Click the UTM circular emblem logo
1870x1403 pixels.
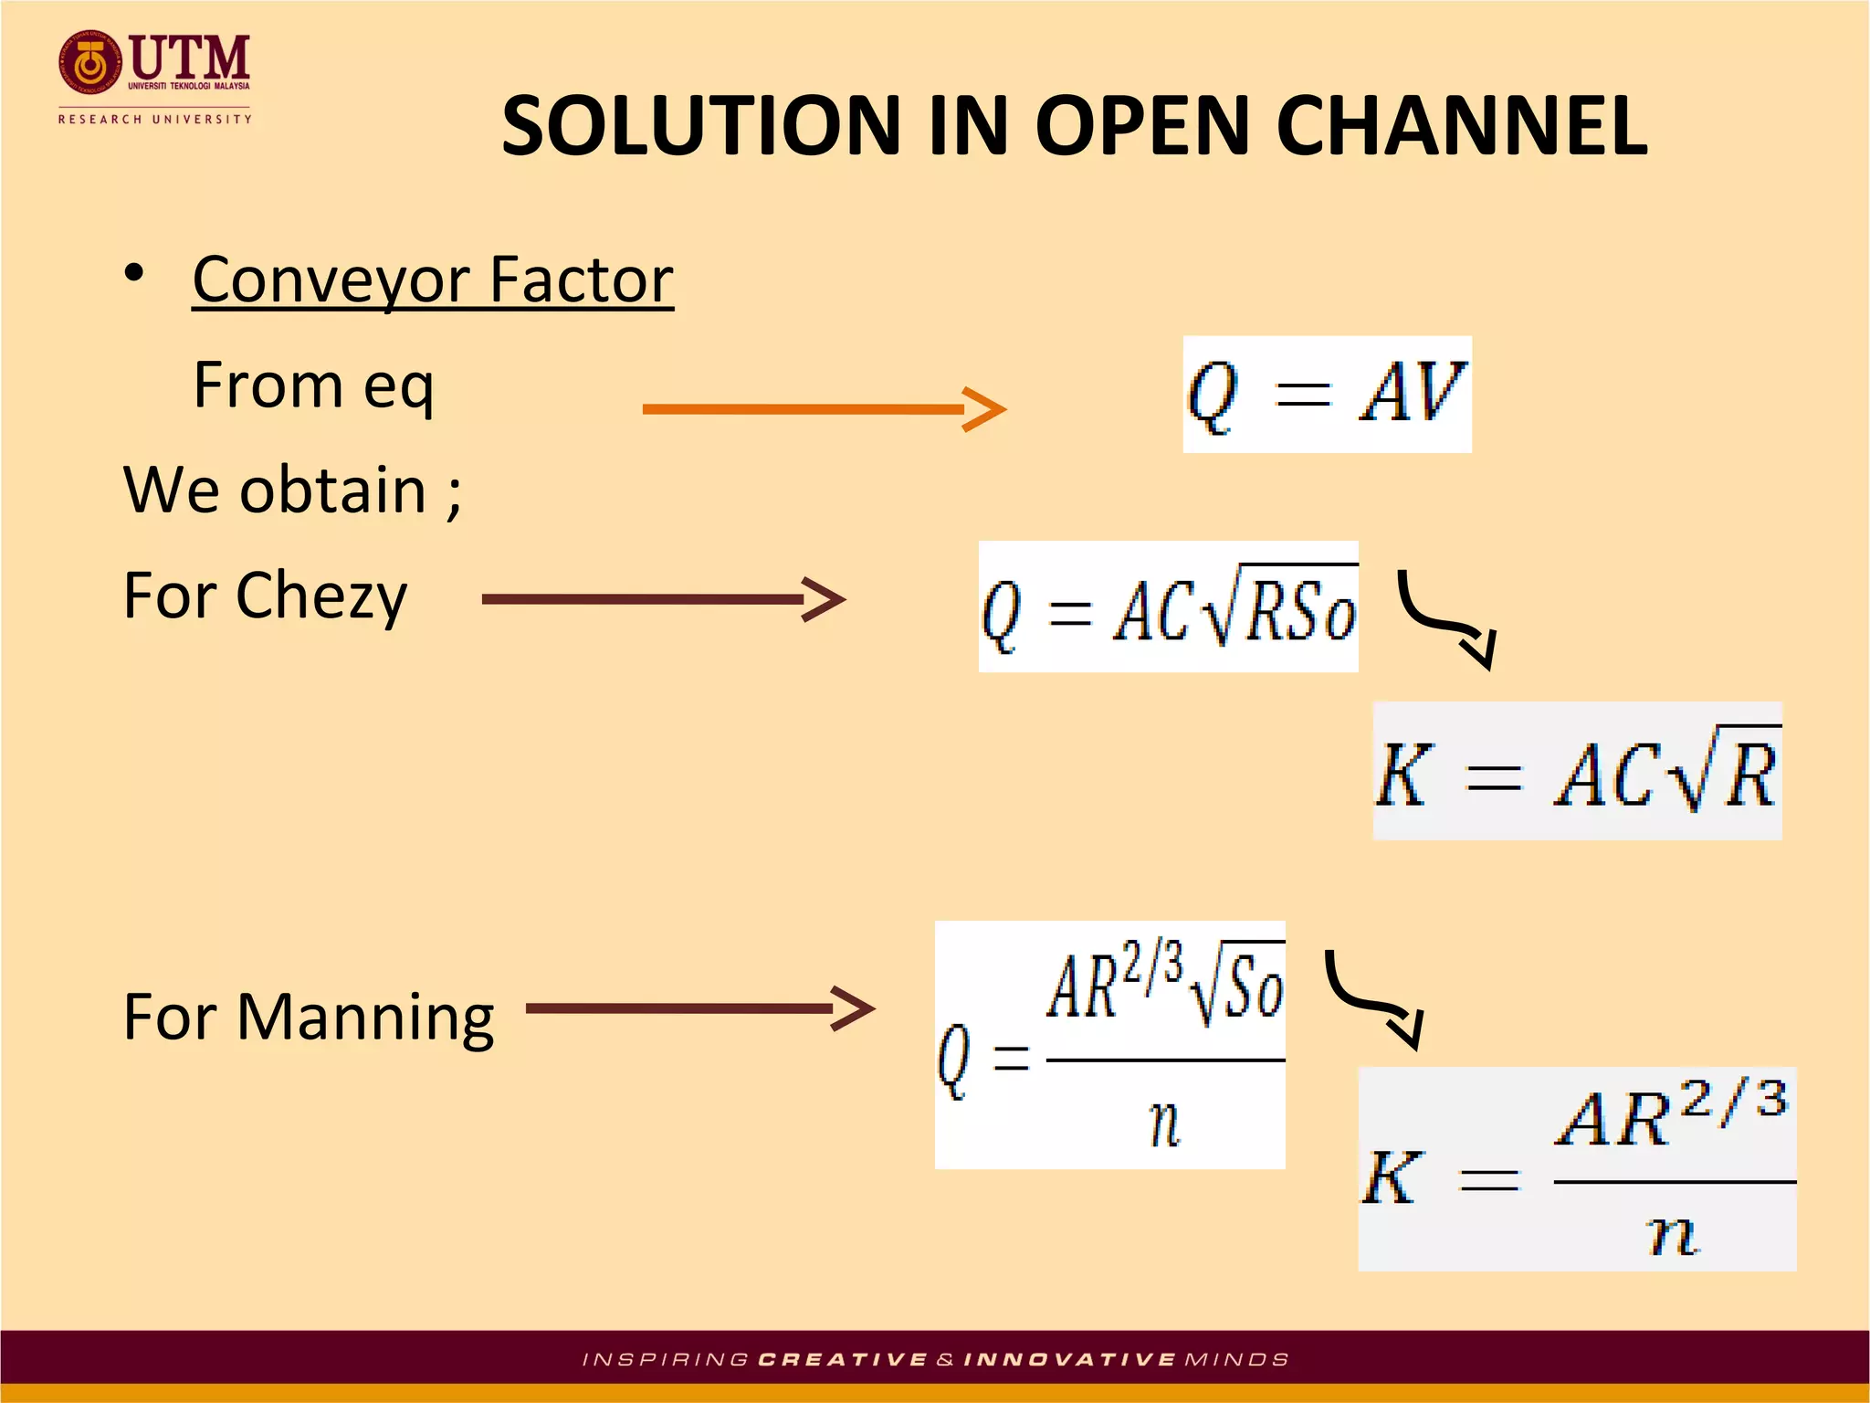(89, 63)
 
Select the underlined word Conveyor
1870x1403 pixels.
(334, 280)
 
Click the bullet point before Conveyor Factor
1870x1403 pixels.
(134, 273)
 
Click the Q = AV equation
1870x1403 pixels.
(1326, 394)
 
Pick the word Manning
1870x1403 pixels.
(365, 1018)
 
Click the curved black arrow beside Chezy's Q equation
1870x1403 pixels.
(1447, 619)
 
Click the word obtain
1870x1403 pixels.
(332, 491)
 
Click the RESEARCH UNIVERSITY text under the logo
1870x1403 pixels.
(154, 119)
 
